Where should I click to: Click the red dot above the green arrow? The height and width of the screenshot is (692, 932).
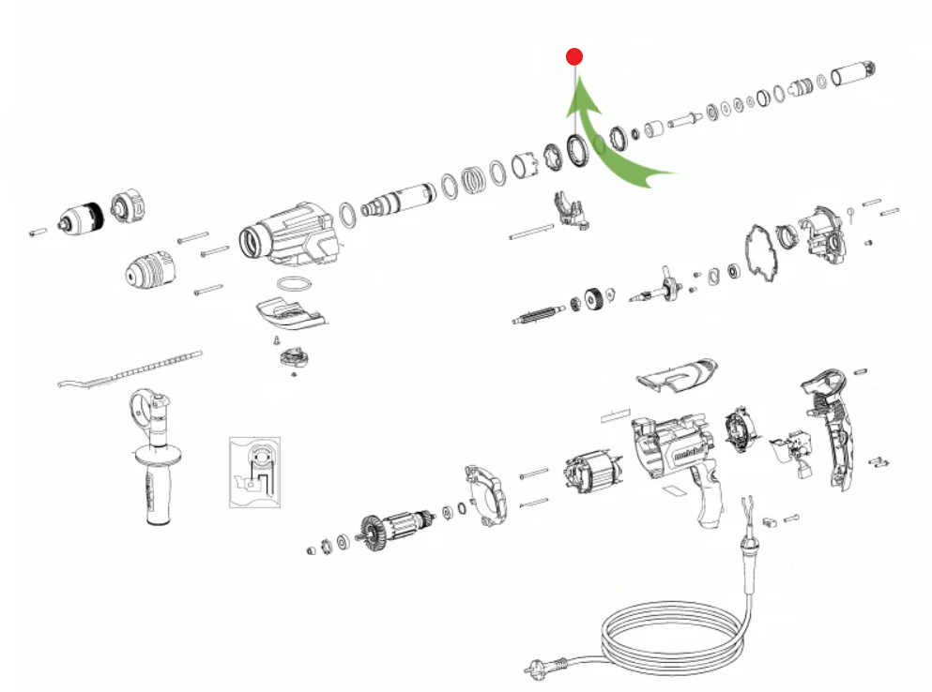pyautogui.click(x=574, y=57)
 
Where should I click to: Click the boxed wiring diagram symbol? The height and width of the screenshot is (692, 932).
pyautogui.click(x=254, y=470)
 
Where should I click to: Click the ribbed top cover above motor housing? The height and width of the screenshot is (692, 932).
pyautogui.click(x=678, y=374)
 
